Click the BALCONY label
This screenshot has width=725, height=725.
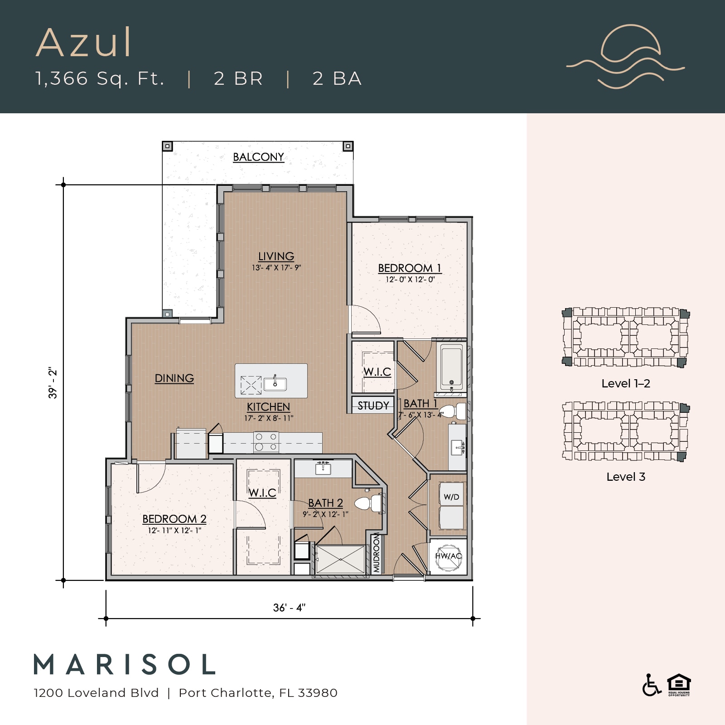coord(258,157)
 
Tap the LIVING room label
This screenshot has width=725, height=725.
coord(276,256)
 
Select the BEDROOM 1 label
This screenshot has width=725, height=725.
coord(409,268)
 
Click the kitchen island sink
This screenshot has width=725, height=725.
coord(275,384)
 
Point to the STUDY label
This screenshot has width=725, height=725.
coord(373,406)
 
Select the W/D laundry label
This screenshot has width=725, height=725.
coord(451,497)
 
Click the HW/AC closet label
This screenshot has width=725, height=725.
coord(448,556)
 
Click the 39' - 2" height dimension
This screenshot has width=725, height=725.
coord(53,383)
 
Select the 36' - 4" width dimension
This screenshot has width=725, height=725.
coord(289,608)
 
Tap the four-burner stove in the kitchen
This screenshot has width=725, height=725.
coord(266,442)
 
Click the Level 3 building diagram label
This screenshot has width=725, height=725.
coord(625,477)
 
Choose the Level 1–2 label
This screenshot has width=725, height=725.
coord(625,383)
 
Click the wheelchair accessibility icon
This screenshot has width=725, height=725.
coord(651,685)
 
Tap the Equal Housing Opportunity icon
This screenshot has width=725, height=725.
coord(678,685)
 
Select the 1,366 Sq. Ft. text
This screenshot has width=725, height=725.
coord(100,78)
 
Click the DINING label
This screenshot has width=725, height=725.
coord(174,378)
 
